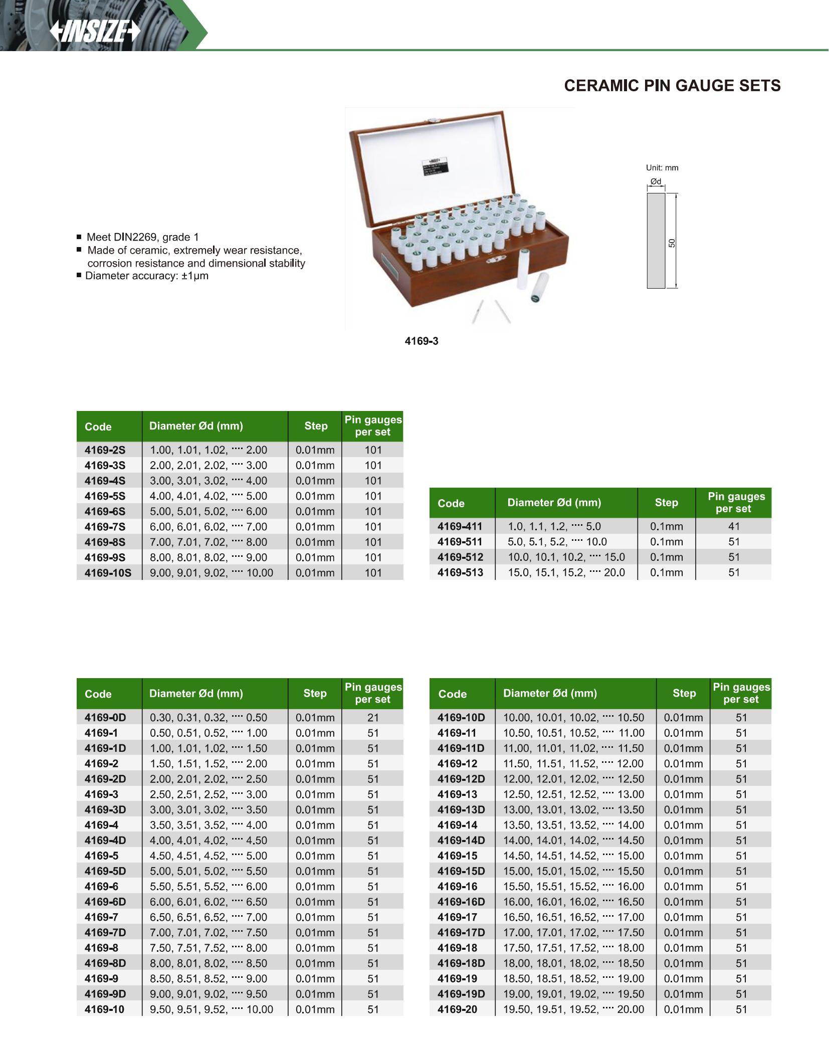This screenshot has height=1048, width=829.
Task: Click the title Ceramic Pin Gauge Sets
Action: click(672, 86)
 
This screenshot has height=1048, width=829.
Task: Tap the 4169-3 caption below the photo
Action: click(421, 341)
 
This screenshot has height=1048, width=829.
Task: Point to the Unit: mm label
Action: click(662, 168)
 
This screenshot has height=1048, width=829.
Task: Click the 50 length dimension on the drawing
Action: click(672, 243)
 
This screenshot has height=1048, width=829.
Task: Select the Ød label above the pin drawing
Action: click(656, 181)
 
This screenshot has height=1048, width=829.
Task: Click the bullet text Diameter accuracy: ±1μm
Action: click(147, 276)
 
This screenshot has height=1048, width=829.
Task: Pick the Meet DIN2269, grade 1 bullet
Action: click(143, 237)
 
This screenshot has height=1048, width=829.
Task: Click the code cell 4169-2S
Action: click(105, 450)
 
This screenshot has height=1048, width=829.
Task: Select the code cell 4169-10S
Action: click(108, 572)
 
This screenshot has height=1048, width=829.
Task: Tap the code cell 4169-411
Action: click(460, 526)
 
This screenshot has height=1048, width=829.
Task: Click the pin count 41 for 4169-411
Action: click(734, 526)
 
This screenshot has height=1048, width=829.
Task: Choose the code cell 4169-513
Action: click(460, 572)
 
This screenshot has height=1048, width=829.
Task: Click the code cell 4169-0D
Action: click(105, 717)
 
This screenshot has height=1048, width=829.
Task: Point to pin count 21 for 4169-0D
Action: click(373, 717)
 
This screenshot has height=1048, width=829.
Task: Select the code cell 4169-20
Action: click(457, 1009)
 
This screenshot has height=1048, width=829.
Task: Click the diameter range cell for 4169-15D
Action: click(573, 871)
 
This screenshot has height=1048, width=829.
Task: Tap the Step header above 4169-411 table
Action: click(666, 503)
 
